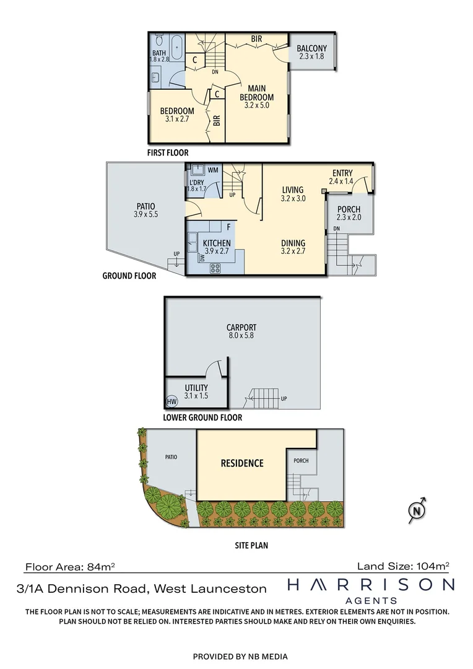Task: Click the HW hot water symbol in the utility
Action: click(172, 401)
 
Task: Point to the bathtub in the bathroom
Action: click(176, 46)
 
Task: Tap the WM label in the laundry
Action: click(213, 169)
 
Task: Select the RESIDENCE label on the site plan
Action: click(242, 463)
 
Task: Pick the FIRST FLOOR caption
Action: click(167, 152)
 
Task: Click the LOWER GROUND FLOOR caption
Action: click(202, 418)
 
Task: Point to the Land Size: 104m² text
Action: click(402, 566)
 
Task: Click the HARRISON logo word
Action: click(371, 585)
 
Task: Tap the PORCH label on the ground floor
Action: click(349, 213)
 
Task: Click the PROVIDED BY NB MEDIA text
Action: click(240, 657)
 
